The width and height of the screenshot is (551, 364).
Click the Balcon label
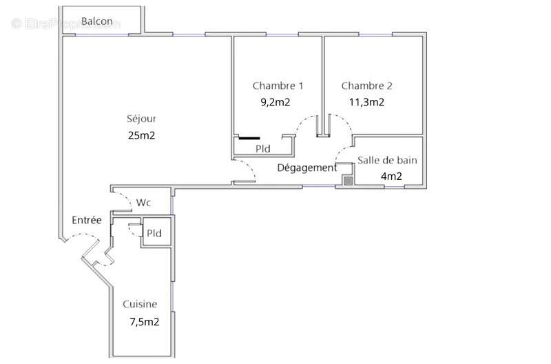(97, 21)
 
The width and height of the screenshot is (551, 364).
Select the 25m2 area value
(141, 135)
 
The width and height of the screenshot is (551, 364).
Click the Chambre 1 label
(278, 86)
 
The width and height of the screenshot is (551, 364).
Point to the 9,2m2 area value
(275, 103)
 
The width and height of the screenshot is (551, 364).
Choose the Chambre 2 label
(366, 86)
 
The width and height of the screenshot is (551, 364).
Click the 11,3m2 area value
(366, 103)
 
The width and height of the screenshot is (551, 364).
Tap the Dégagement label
(307, 168)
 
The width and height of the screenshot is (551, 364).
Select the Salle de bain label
(387, 160)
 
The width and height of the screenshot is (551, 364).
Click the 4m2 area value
(391, 176)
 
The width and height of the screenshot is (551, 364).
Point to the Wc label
(144, 203)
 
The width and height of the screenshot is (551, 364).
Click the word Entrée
(87, 221)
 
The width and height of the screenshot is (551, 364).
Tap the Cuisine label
(140, 304)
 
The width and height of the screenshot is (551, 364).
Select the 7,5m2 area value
(145, 321)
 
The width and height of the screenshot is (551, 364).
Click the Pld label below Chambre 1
(262, 148)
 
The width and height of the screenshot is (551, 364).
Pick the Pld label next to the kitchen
(154, 234)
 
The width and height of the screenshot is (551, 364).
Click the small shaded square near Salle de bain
(348, 181)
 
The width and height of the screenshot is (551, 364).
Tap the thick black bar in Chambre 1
(249, 138)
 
